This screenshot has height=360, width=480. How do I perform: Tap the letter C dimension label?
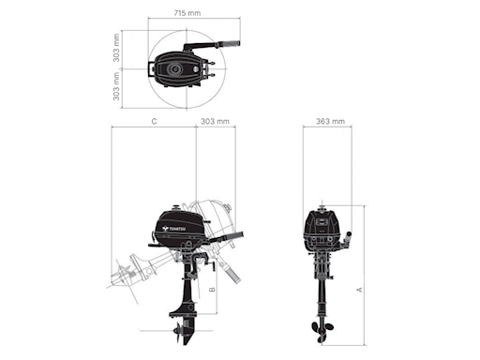coord(153,122)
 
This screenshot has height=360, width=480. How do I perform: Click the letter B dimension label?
coord(213,291)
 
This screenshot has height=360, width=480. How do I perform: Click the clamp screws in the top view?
coord(213,70)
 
